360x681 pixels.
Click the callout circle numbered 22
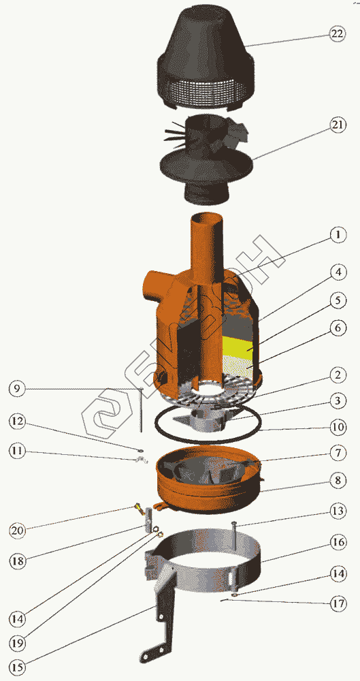click(336, 35)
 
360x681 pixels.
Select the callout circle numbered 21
click(336, 125)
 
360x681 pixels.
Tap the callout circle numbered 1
click(337, 236)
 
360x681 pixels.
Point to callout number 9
click(16, 389)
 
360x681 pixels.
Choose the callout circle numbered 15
click(16, 666)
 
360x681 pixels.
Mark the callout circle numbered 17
click(338, 603)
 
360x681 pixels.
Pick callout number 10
click(337, 428)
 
